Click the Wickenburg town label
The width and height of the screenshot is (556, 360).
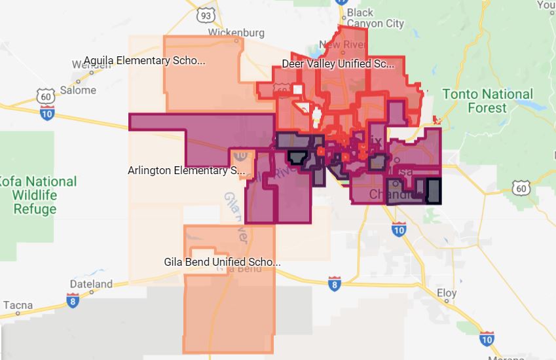[x=236, y=32]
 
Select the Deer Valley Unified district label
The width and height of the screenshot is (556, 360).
[x=338, y=64]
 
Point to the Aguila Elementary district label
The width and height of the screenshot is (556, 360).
[x=145, y=61]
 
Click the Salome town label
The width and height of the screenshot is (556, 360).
[x=78, y=90]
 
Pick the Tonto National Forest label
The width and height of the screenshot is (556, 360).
[x=487, y=101]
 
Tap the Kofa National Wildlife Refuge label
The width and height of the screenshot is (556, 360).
[x=37, y=195]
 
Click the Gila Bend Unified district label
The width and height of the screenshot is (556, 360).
[x=222, y=262]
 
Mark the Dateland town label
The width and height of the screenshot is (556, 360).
[x=91, y=284]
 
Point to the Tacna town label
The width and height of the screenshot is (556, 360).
[x=18, y=305]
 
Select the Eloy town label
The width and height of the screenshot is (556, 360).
[x=447, y=293]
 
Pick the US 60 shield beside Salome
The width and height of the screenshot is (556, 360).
[x=45, y=96]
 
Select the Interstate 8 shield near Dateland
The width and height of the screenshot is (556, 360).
[x=72, y=300]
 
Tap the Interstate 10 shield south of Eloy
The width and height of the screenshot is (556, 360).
[x=487, y=338]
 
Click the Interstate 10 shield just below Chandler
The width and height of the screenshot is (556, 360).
[x=399, y=229]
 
